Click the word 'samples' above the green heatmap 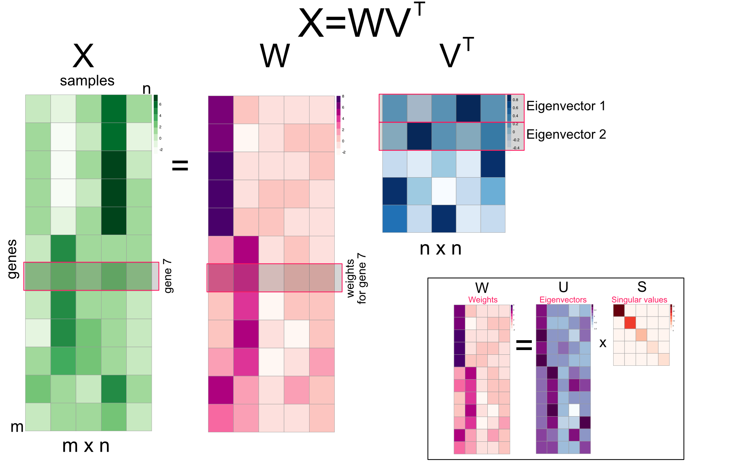[87, 81]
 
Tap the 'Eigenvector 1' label [566, 106]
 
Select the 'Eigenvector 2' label [566, 134]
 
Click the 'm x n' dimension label [86, 446]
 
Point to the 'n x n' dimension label [440, 248]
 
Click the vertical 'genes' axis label [13, 259]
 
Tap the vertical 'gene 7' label [168, 276]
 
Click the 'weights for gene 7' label [356, 278]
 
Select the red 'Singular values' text [639, 300]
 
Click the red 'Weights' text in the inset [483, 300]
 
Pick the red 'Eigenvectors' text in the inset [563, 300]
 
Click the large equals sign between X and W [180, 165]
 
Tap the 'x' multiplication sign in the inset [603, 343]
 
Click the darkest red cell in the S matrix [619, 310]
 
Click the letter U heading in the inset [563, 287]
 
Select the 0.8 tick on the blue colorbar [515, 100]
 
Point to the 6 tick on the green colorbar [160, 104]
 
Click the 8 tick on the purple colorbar [343, 96]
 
